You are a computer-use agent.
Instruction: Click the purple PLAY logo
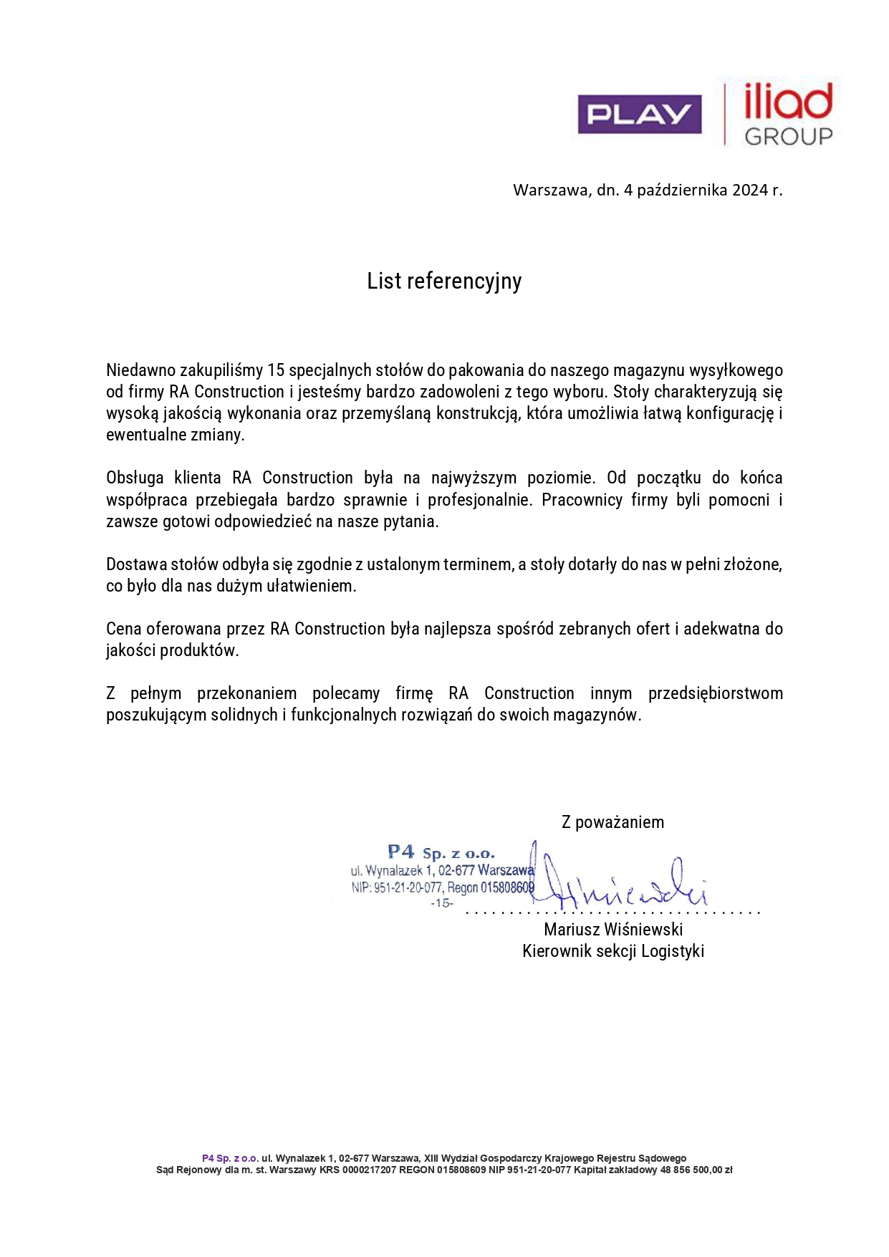(x=640, y=114)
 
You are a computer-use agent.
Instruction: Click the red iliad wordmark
(x=788, y=102)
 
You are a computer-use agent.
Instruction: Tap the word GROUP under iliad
(x=788, y=136)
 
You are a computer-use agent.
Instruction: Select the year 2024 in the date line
(x=749, y=190)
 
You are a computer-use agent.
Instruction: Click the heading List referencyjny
(x=444, y=281)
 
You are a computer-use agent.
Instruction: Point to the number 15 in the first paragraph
(x=276, y=370)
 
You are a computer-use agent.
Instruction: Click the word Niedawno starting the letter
(x=140, y=370)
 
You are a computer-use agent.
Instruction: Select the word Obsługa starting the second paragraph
(x=135, y=478)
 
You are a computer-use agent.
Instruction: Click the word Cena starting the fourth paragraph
(x=124, y=629)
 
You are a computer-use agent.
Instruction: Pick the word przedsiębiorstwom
(x=715, y=693)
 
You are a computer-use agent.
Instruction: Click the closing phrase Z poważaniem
(x=612, y=822)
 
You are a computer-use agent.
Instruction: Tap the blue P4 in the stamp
(x=401, y=852)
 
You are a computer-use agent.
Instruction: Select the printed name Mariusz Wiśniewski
(x=613, y=930)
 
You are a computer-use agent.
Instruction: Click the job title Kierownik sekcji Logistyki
(x=613, y=951)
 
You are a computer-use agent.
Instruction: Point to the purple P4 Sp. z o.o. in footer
(x=230, y=1158)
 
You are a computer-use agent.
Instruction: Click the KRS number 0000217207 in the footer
(x=369, y=1170)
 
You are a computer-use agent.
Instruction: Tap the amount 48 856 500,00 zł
(x=696, y=1170)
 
